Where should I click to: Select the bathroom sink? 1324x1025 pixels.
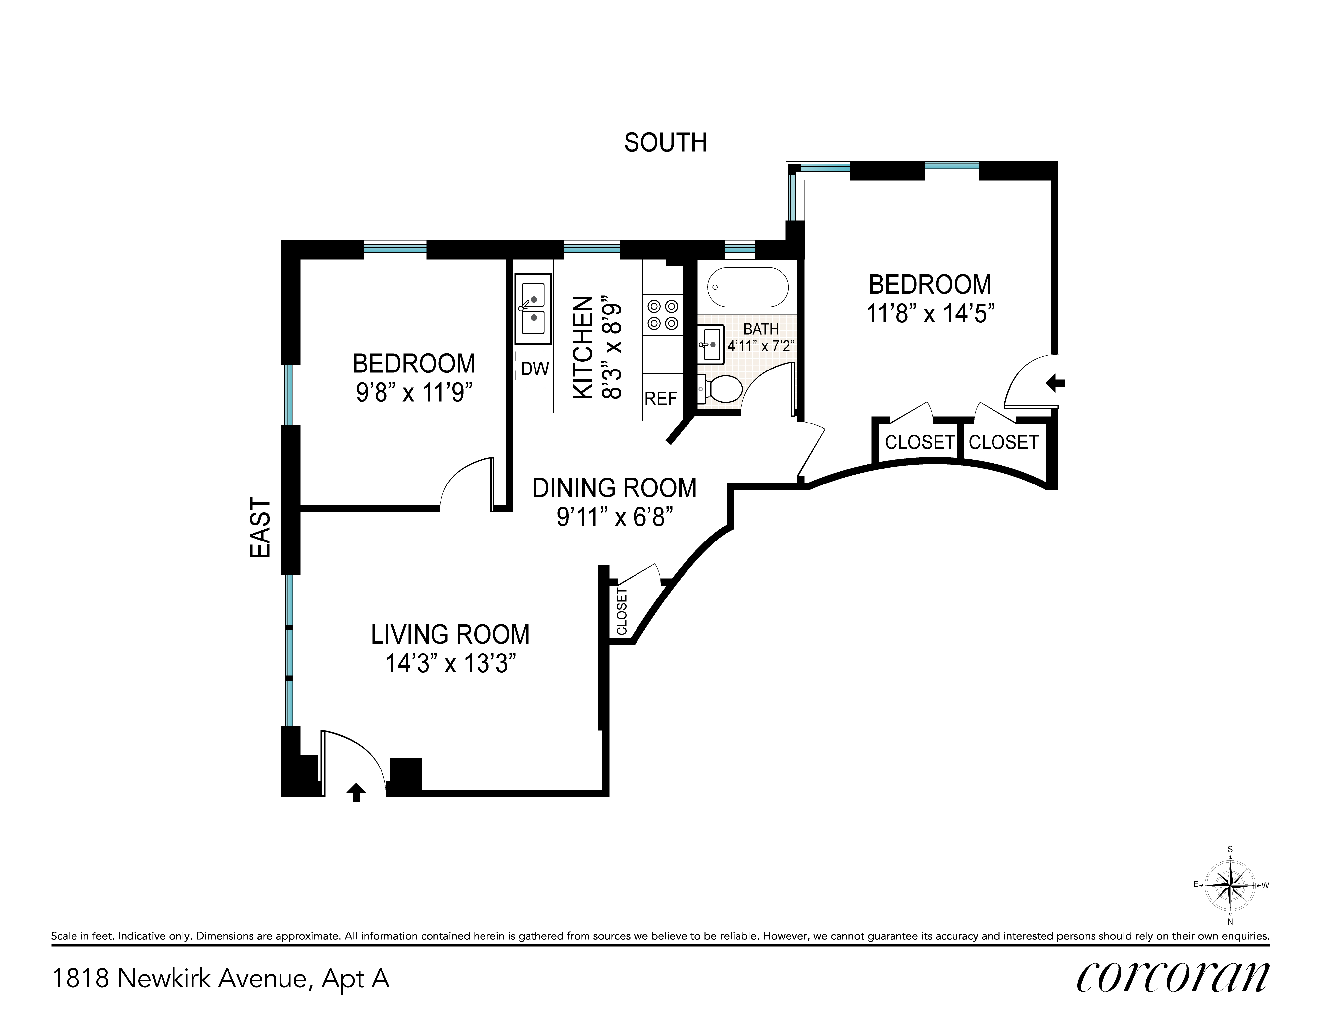[710, 344]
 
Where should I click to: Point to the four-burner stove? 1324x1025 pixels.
[663, 315]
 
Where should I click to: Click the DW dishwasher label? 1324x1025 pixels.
[535, 369]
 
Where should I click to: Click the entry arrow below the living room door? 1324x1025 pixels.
[356, 792]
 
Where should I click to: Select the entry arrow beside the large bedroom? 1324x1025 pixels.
[1055, 383]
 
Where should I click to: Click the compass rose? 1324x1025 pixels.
[1230, 885]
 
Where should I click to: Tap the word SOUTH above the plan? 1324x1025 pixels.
[666, 143]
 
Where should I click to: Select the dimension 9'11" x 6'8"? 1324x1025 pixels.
[615, 517]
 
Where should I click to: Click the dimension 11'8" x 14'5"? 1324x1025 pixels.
[931, 313]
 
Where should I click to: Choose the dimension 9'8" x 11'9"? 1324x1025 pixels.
[414, 392]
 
